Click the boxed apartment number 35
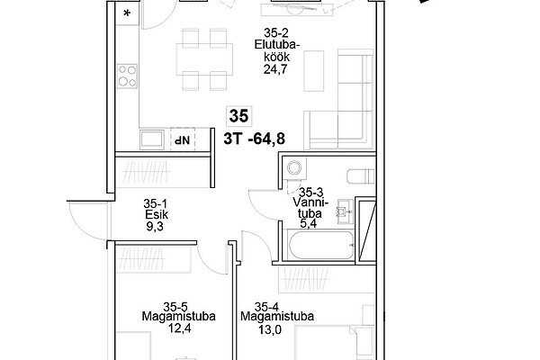click(x=238, y=116)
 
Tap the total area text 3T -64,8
click(x=254, y=139)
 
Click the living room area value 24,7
click(x=275, y=69)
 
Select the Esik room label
click(x=157, y=214)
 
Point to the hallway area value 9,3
click(x=155, y=226)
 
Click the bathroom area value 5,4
click(x=308, y=223)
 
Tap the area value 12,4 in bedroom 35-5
click(x=179, y=328)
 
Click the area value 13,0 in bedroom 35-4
click(x=270, y=329)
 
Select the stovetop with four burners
click(x=127, y=76)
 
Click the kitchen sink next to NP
click(x=152, y=139)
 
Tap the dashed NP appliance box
click(x=183, y=139)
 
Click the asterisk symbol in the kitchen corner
click(x=127, y=13)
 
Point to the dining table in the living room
click(x=204, y=59)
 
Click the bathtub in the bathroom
click(x=321, y=245)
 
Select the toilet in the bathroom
click(x=361, y=175)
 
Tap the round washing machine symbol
click(x=294, y=168)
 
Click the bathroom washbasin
click(x=345, y=211)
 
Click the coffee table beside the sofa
click(x=314, y=71)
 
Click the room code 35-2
click(x=276, y=33)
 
